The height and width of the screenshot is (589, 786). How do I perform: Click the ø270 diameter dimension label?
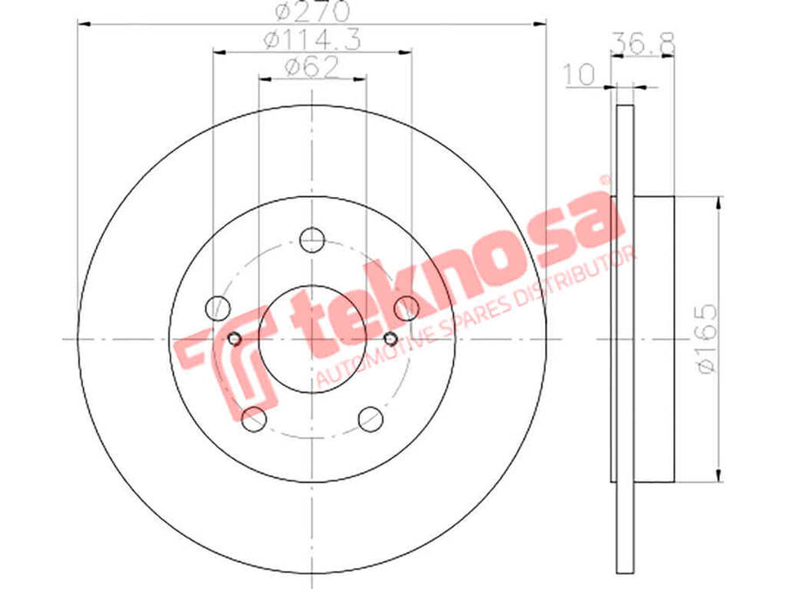[312, 11]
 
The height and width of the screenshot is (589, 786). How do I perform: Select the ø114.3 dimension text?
[312, 40]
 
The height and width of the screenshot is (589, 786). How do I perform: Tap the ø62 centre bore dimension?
[312, 67]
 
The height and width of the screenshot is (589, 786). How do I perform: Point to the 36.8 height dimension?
[643, 44]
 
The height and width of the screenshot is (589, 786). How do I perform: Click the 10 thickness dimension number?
[580, 75]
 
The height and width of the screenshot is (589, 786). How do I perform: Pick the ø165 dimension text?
[707, 338]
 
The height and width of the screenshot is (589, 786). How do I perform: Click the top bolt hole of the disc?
[312, 240]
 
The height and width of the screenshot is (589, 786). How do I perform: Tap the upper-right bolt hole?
[406, 308]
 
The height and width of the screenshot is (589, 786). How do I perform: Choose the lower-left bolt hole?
[253, 419]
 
